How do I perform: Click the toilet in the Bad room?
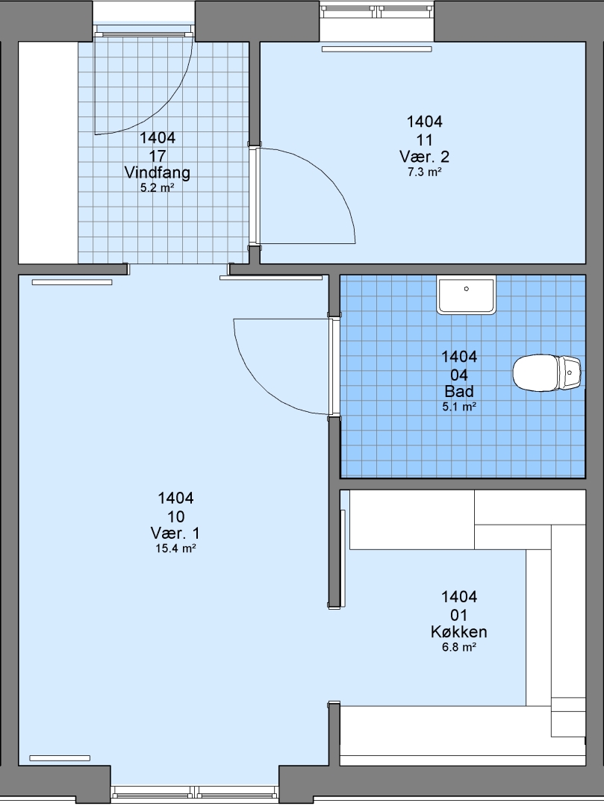[x=547, y=372]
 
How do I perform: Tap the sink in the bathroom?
[x=466, y=295]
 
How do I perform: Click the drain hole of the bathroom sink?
[x=466, y=289]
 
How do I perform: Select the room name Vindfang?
[x=158, y=172]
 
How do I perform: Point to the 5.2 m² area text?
[x=158, y=188]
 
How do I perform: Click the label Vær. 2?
[x=425, y=156]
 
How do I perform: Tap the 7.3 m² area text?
[x=425, y=172]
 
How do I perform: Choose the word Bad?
[x=459, y=391]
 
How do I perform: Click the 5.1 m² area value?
[x=459, y=407]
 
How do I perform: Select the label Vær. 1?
[x=175, y=533]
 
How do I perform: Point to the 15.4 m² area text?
[x=175, y=549]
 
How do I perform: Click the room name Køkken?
[x=459, y=632]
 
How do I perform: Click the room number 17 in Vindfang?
[x=158, y=156]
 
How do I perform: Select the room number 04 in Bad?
[x=459, y=374]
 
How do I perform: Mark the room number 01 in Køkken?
[x=459, y=615]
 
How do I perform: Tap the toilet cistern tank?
[x=570, y=372]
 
